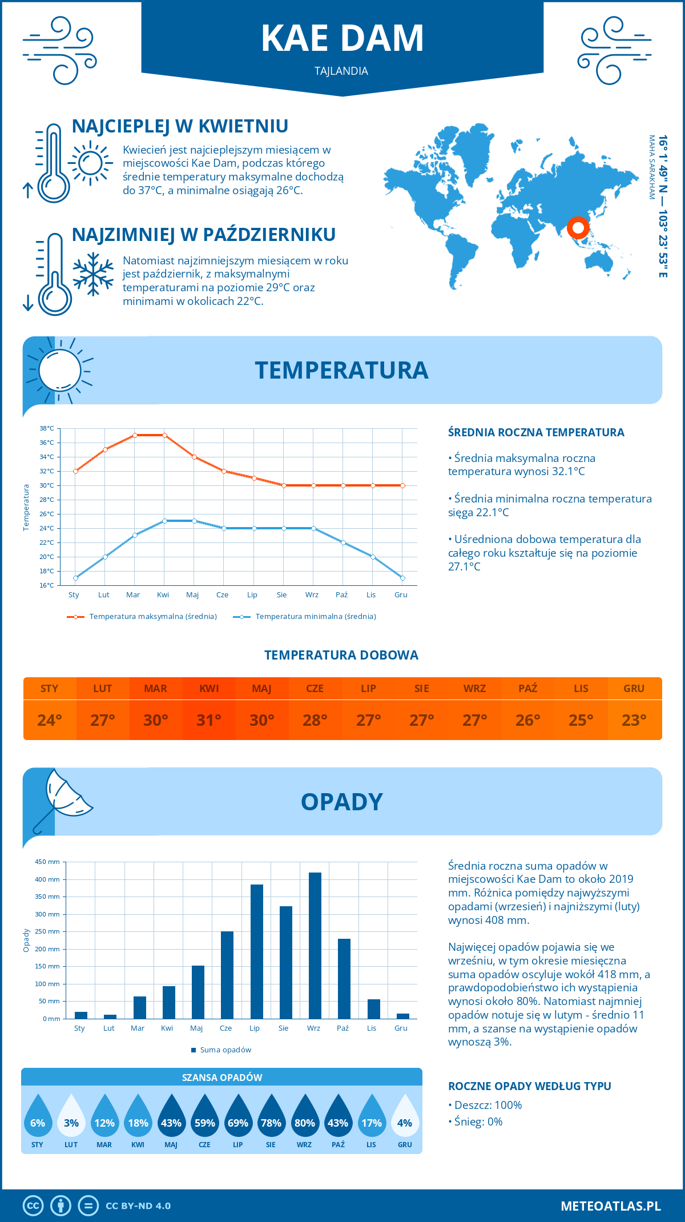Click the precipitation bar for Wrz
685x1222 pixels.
[315, 946]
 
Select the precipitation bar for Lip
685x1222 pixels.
[256, 951]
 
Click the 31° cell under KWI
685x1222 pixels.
[209, 720]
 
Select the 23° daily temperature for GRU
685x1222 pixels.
[634, 720]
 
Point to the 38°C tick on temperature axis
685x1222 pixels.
[47, 428]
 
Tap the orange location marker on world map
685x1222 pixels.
[578, 228]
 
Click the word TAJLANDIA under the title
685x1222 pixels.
[341, 71]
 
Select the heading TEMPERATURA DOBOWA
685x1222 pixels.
[341, 655]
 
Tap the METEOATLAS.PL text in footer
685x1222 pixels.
[610, 1205]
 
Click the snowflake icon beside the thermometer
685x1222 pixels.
[93, 274]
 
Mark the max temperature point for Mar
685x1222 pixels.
[135, 435]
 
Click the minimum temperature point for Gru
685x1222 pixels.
[402, 578]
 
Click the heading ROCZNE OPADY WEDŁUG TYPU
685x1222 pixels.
[529, 1086]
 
